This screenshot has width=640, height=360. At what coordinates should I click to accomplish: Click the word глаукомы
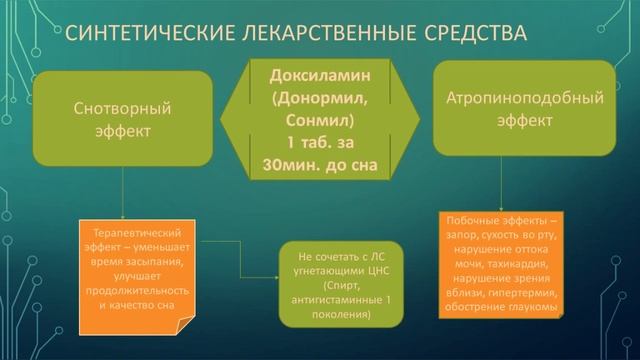point(535,306)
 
